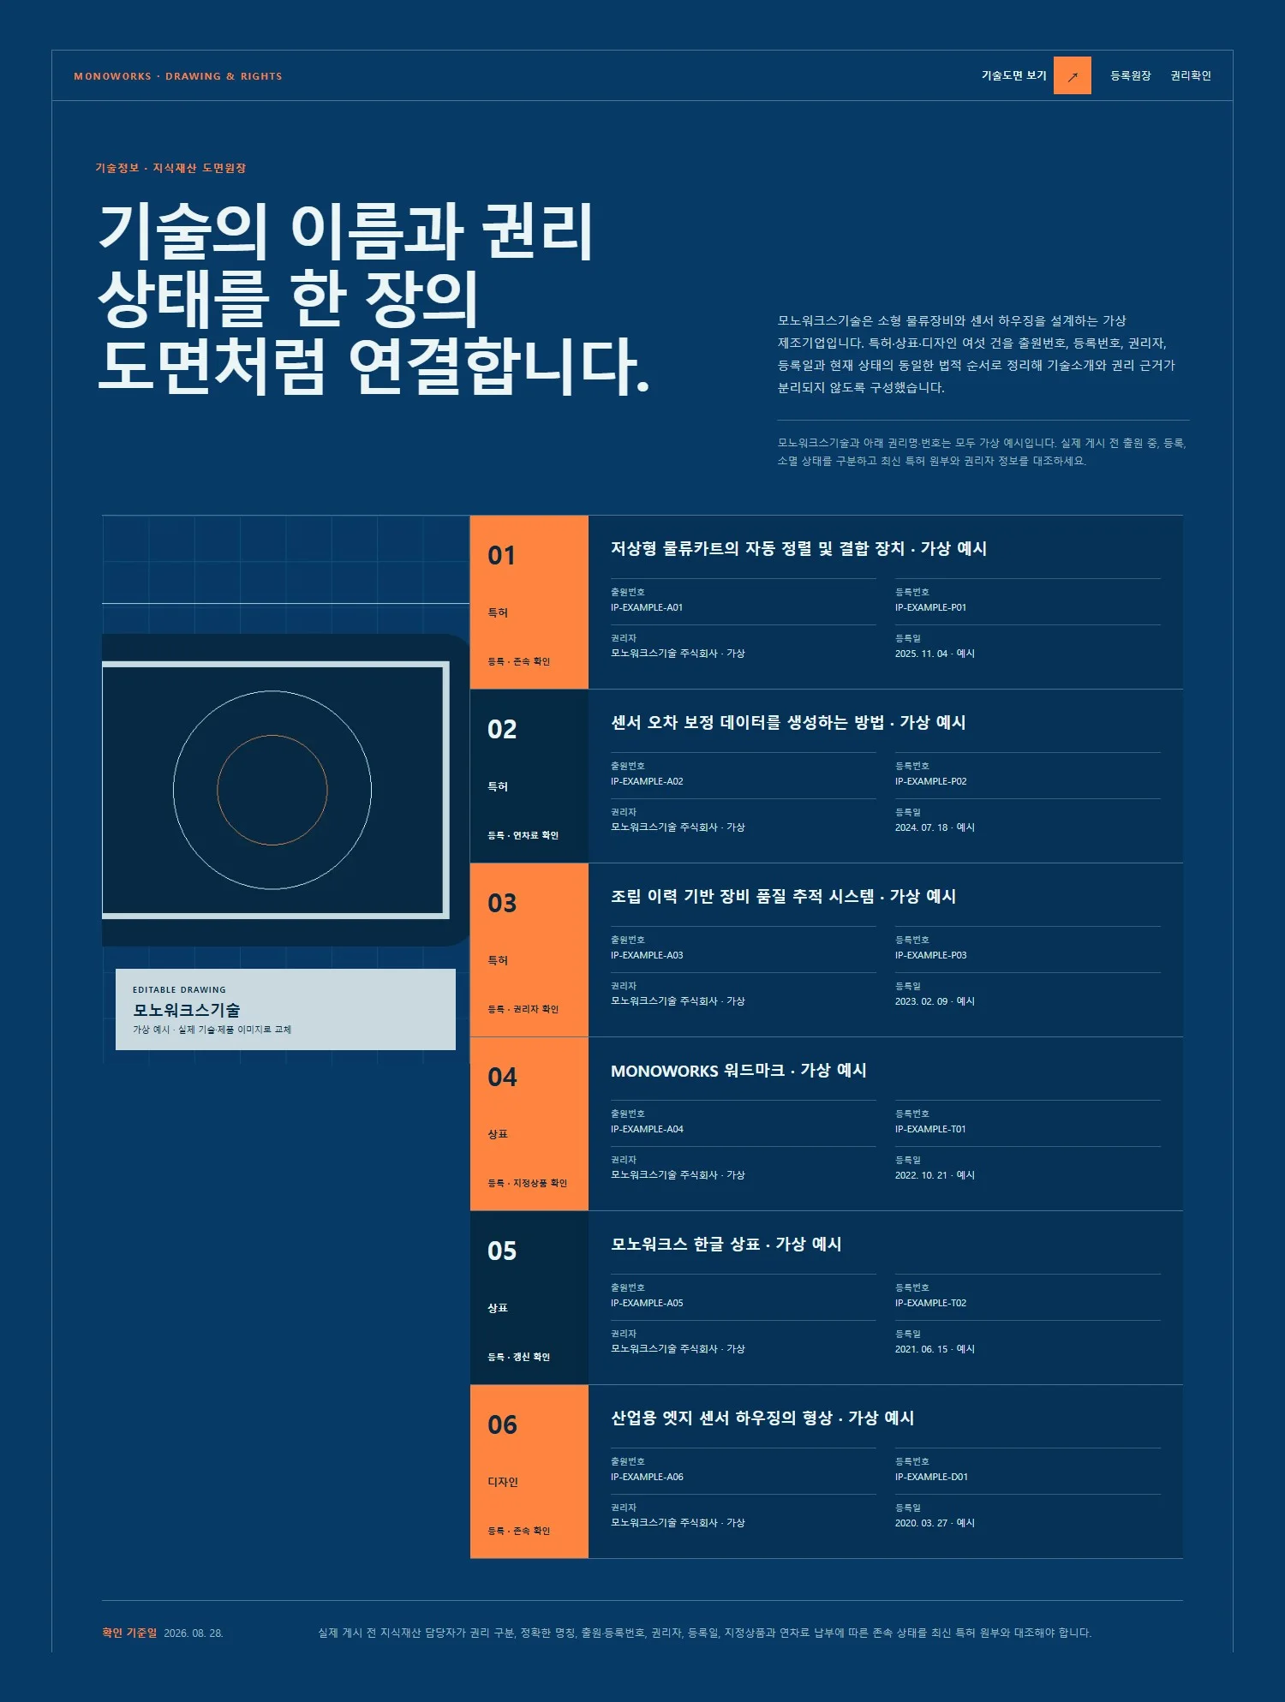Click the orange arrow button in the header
[1072, 75]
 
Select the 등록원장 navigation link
[1130, 75]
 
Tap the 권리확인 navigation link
[1191, 75]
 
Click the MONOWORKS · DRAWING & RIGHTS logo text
[178, 76]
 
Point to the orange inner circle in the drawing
[272, 735]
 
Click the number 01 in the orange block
[502, 555]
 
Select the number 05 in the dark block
[502, 1251]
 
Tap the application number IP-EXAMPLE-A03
[647, 955]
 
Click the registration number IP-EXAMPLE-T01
[930, 1129]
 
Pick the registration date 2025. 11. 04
[922, 654]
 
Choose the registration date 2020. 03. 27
[922, 1523]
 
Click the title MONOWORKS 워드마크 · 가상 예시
[738, 1070]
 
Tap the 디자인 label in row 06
[503, 1482]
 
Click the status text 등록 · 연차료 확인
[523, 835]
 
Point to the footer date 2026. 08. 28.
[194, 1633]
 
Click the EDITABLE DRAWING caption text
[179, 989]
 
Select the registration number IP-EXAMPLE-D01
[931, 1477]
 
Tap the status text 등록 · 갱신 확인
[518, 1357]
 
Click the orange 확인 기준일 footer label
[129, 1633]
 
